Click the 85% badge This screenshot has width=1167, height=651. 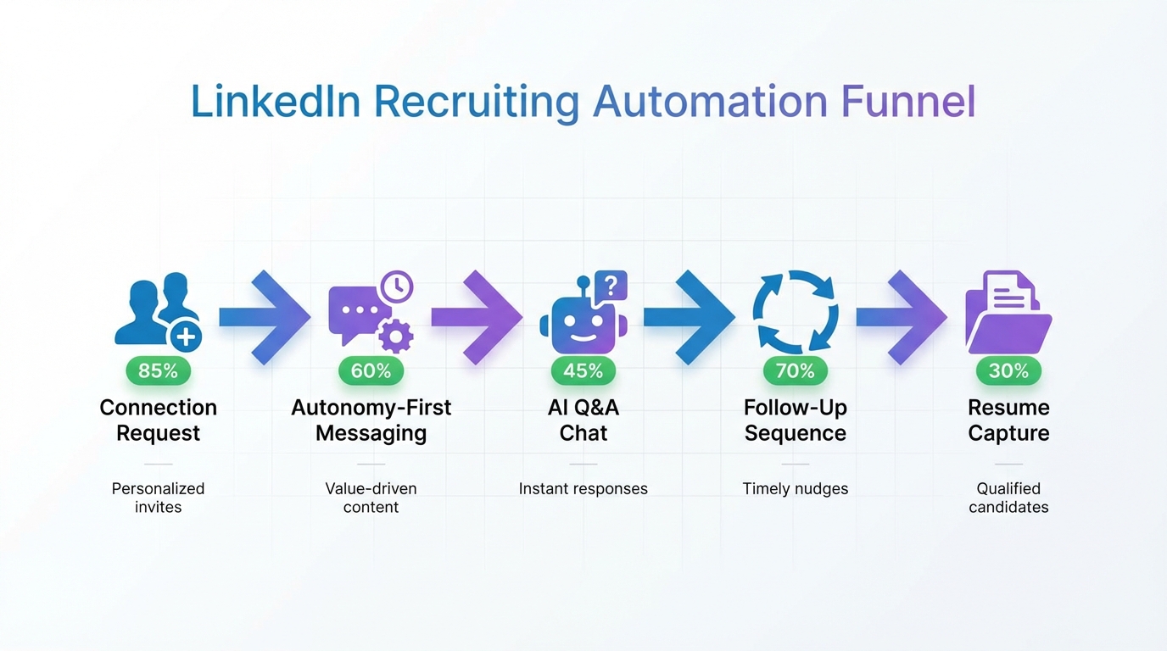coord(159,370)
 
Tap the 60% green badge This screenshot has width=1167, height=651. coord(371,370)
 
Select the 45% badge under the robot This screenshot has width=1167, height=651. coord(583,370)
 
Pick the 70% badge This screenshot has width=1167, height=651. coord(796,370)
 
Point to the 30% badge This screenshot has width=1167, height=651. coord(1008,370)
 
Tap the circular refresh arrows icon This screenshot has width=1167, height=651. coord(796,311)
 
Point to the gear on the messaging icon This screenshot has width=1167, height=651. coord(394,337)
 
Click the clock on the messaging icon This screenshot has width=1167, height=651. coord(396,287)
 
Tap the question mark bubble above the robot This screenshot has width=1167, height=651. coord(611,286)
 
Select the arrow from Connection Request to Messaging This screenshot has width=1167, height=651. coord(265,317)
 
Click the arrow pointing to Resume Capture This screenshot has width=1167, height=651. coord(902,317)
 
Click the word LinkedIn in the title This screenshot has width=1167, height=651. coord(276,102)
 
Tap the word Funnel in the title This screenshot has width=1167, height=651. coord(908,102)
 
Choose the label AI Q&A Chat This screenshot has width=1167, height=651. coord(583,420)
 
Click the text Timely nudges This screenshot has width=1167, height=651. coord(796,488)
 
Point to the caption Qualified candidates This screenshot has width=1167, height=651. coord(1008,498)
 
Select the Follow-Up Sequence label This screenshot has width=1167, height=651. coord(796,420)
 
